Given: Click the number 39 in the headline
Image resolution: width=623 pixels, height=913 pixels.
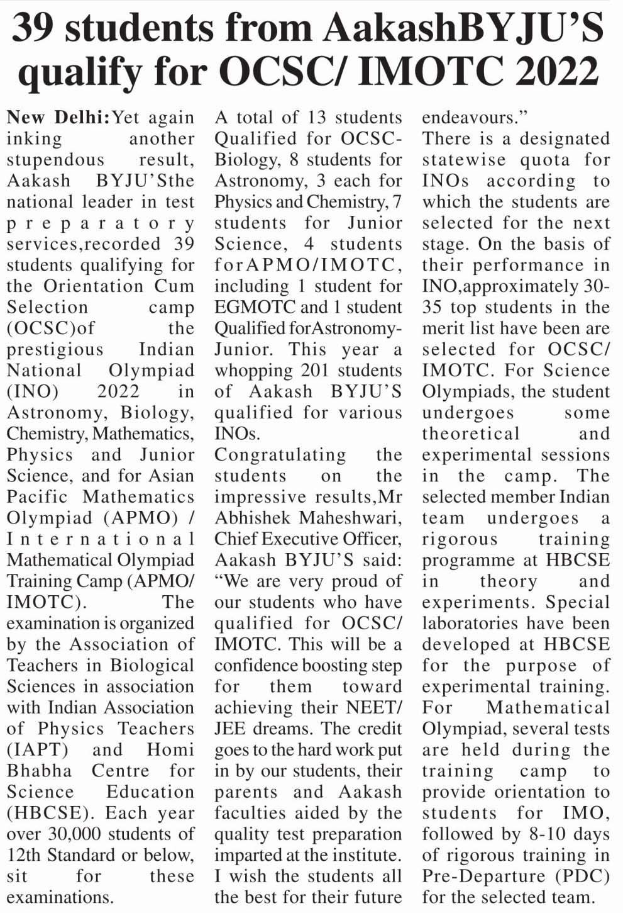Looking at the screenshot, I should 39,28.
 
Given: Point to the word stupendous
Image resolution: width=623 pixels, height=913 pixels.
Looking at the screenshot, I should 55,160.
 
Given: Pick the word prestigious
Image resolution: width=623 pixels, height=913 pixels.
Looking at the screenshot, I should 55,350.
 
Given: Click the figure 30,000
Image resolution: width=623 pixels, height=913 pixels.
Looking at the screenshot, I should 74,834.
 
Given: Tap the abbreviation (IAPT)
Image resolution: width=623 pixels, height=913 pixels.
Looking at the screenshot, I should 37,750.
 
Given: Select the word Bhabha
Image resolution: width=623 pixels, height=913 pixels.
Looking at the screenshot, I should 39,771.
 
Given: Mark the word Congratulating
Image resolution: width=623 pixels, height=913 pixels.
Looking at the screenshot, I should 280,455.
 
